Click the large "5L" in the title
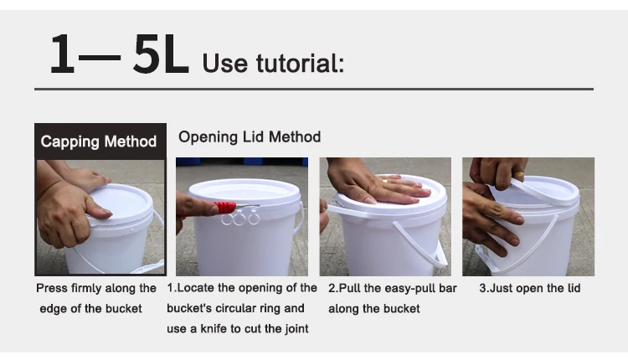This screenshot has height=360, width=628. pos(161,54)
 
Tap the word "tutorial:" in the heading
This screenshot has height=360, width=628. pos(300,63)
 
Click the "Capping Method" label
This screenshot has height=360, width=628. pos(99,141)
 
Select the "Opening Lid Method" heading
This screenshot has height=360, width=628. pos(250,137)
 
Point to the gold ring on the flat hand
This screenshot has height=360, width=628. pos(384,181)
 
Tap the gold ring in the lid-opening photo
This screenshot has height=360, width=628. pos(519,174)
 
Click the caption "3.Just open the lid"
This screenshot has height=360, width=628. pos(530,288)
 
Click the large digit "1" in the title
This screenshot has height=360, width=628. pos(63,54)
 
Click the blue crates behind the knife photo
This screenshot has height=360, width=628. pos(242,161)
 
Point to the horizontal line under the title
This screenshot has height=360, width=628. pos(314,89)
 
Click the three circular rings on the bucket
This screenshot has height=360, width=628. pos(240,219)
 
